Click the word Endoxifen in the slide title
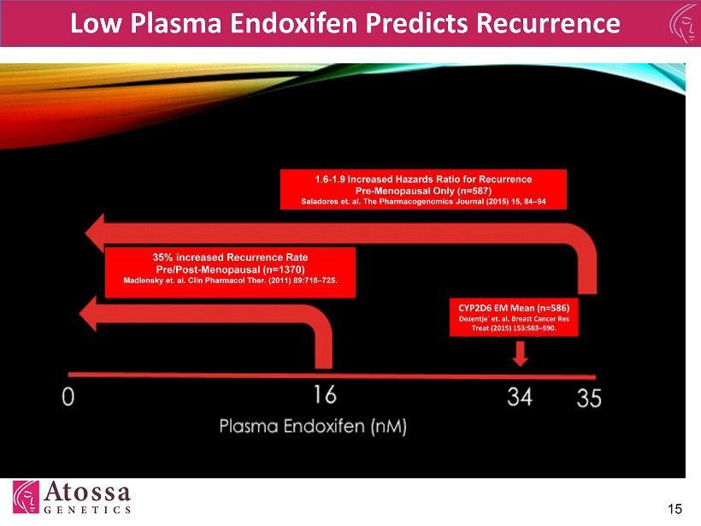tap(293, 23)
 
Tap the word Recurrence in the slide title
tap(548, 23)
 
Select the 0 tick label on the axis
tap(68, 397)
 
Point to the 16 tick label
tap(325, 395)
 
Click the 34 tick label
tap(520, 397)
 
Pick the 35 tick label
tap(589, 398)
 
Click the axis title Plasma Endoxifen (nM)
tap(313, 426)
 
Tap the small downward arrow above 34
tap(520, 354)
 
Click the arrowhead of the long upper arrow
tap(95, 233)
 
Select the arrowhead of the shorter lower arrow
tap(88, 314)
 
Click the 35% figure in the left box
tap(162, 257)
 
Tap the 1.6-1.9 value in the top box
tap(329, 180)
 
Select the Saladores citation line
tap(423, 202)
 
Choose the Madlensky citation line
tap(230, 281)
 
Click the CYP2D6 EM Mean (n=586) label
tap(514, 308)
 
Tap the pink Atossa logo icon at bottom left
tap(26, 497)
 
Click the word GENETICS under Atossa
tap(87, 510)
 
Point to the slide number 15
tap(674, 509)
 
